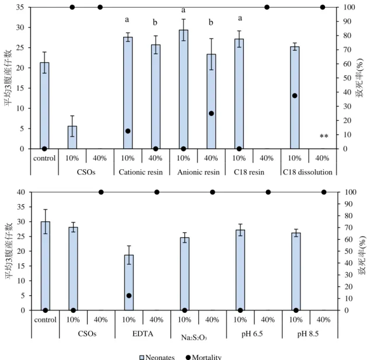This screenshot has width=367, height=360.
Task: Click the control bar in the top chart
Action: coord(44,106)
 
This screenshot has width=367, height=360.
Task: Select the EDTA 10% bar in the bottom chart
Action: coord(129,282)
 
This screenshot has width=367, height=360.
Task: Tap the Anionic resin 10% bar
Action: coord(183,89)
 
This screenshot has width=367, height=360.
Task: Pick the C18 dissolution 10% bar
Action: coord(295,97)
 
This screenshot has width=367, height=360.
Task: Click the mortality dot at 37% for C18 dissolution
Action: coord(295,96)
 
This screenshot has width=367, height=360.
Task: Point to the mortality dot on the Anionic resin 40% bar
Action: coord(211,114)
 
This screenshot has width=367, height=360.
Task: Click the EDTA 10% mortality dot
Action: coord(129,296)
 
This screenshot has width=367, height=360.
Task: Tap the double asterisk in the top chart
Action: coord(324,136)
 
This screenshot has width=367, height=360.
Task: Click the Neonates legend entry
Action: coord(157,357)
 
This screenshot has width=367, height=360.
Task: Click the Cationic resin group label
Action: coord(141,172)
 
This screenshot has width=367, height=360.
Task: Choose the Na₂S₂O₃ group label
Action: coord(194,337)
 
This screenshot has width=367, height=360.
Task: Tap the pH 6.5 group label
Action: coord(252,334)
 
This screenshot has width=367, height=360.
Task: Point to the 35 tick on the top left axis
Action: coord(20,7)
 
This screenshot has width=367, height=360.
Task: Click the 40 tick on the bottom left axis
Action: coord(21,192)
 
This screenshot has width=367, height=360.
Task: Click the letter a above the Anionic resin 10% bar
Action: coord(183,10)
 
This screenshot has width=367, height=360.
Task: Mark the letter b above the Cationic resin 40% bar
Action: coord(155,22)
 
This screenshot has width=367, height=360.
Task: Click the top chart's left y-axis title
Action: coord(8,78)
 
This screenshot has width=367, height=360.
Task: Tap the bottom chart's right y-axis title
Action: coord(362,256)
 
